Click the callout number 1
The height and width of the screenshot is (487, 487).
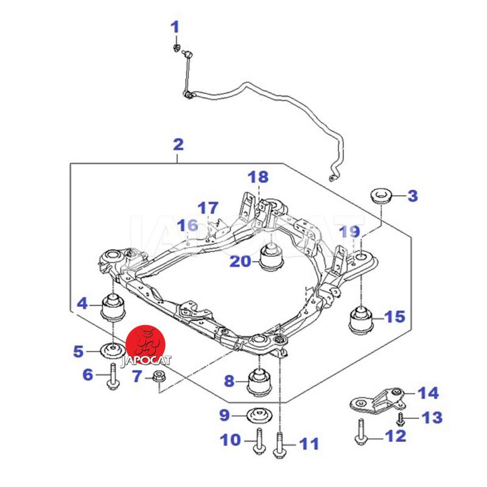pos(175,27)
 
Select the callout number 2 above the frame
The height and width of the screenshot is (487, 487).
pos(178,145)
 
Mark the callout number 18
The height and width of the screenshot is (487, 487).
pos(258,177)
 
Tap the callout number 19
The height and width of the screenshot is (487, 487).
pos(350,232)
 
